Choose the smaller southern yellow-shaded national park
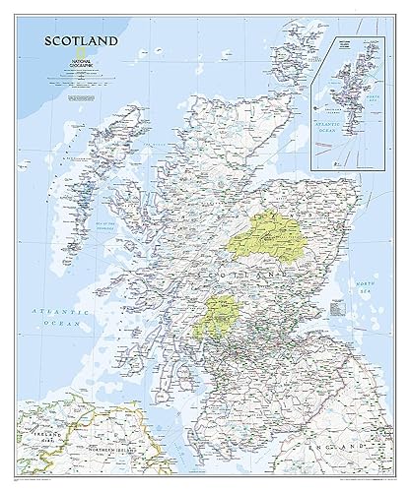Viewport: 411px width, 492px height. [221, 318]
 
